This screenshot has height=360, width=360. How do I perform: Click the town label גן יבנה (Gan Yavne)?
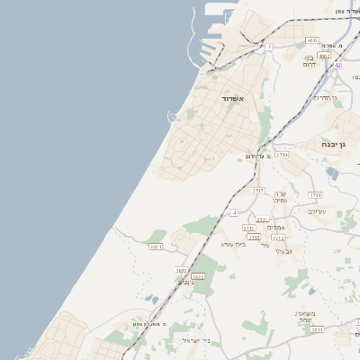click(x=337, y=143)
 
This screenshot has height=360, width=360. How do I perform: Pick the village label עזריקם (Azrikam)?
click(x=318, y=211)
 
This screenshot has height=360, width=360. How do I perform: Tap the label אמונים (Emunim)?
click(x=276, y=227)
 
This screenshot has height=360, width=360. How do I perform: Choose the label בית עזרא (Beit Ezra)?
click(x=233, y=244)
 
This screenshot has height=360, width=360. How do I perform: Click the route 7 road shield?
click(x=268, y=47)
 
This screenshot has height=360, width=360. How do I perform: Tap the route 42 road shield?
click(x=337, y=65)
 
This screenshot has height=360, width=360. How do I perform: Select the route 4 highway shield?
click(x=234, y=212)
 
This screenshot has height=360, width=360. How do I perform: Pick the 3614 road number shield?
click(x=318, y=330)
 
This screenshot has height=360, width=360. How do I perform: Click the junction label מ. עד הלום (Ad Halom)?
click(x=258, y=157)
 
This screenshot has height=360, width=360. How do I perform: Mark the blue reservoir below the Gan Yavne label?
click(x=333, y=173)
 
